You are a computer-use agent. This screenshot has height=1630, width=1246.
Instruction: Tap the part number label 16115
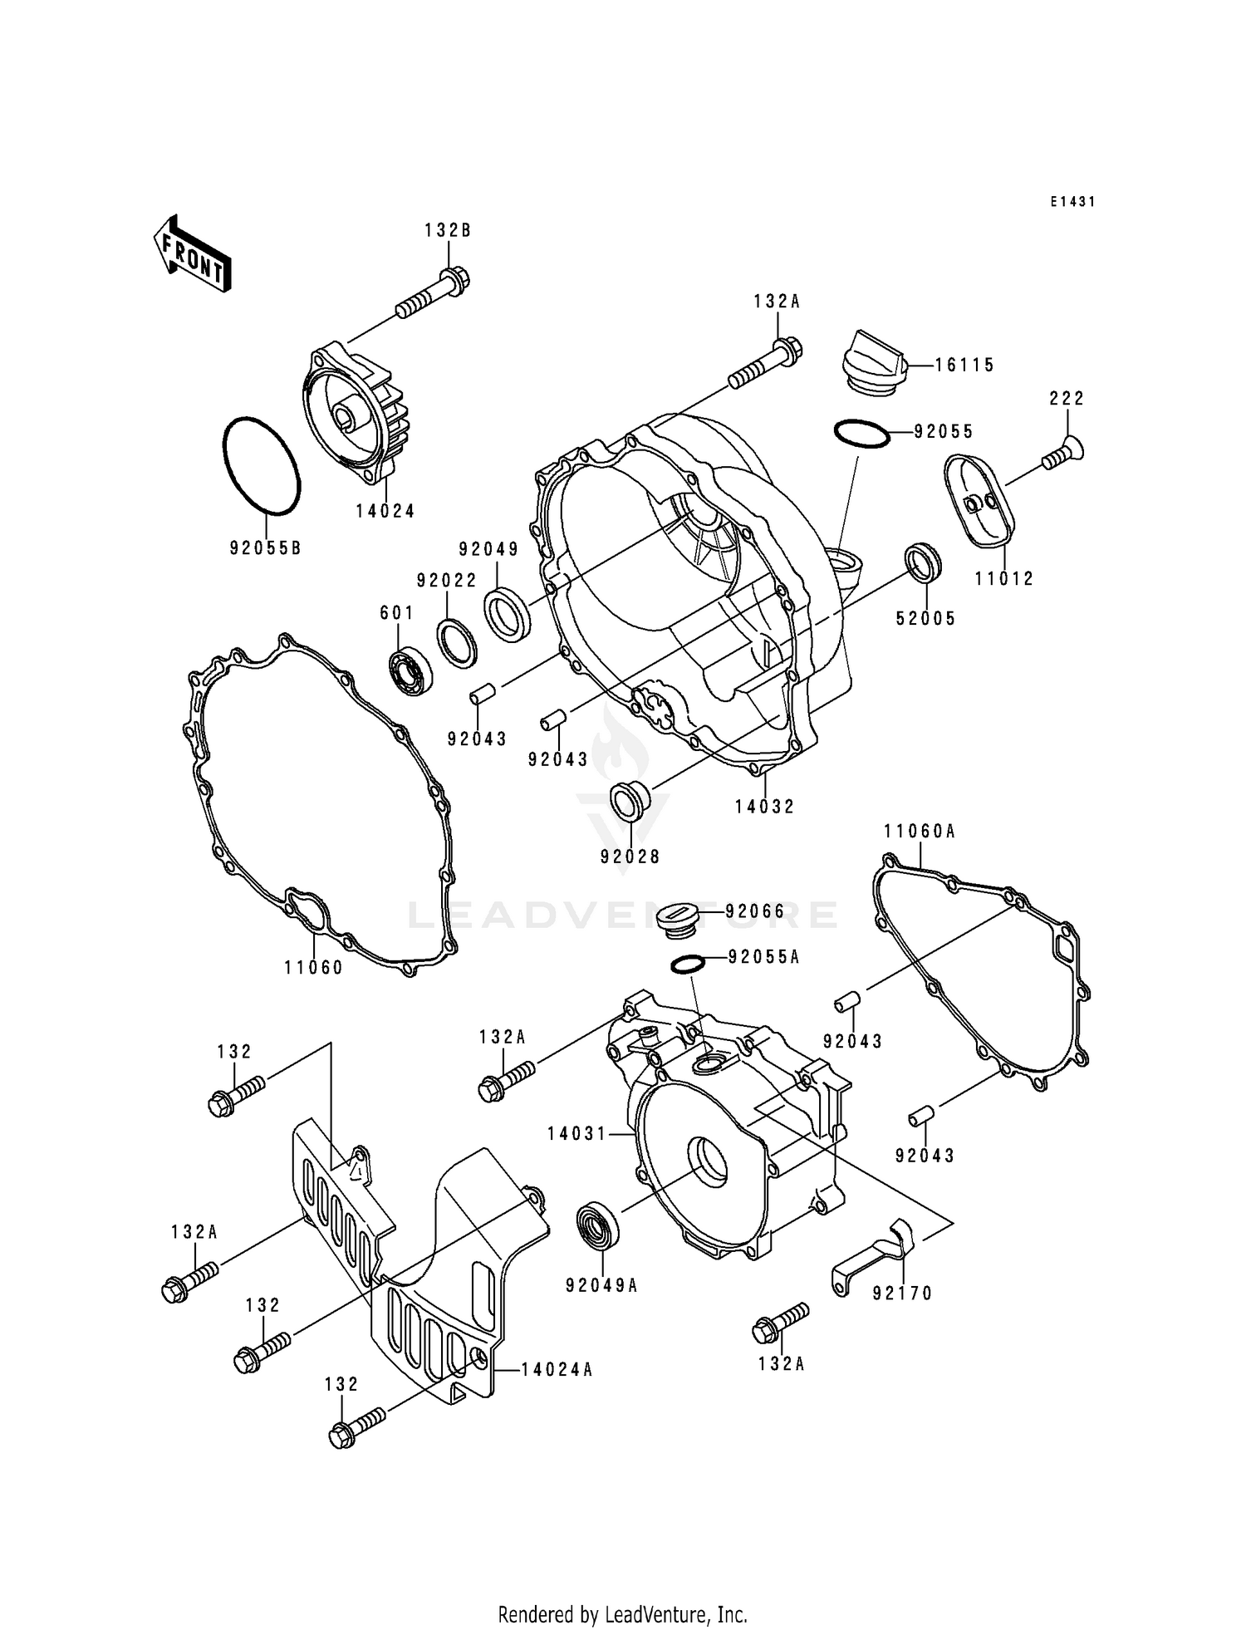coord(964,366)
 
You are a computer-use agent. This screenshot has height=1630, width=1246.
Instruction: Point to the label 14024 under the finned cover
coord(385,512)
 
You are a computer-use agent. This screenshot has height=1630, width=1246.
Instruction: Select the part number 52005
coord(926,619)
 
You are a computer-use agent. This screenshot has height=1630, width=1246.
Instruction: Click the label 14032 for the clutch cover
coord(764,807)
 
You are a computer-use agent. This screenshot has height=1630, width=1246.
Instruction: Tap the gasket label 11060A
coord(920,832)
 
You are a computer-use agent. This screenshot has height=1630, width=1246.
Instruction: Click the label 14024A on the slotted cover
coord(557,1370)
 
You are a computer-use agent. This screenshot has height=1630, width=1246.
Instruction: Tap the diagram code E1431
coord(1072,202)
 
